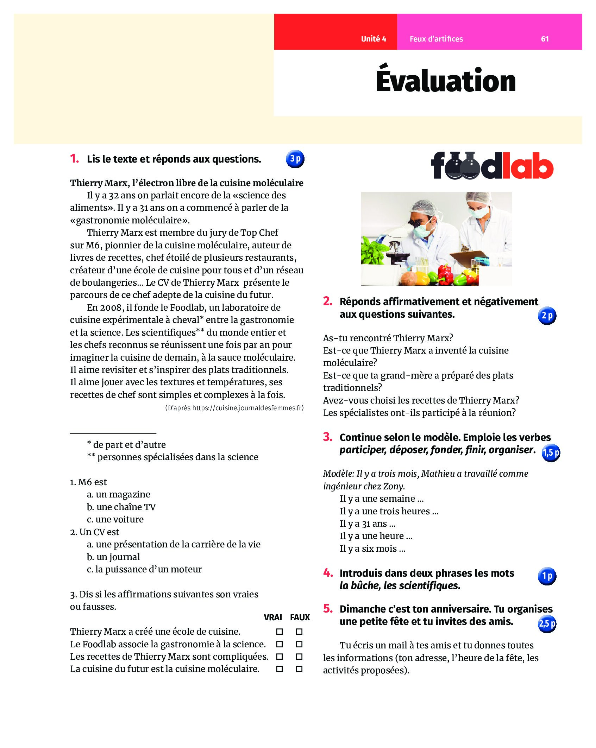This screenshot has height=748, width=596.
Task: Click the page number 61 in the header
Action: pos(545,39)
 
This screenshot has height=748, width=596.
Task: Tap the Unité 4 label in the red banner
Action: pos(373,39)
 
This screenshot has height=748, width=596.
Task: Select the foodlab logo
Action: pos(491,166)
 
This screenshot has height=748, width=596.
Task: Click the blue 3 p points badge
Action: pos(295,159)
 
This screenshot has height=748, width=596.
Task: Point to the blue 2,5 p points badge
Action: pos(547,624)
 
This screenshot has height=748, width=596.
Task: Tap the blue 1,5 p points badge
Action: pos(551,453)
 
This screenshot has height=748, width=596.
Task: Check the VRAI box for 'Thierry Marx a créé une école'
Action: pos(279,632)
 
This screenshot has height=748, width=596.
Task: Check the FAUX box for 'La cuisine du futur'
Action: pos(299,669)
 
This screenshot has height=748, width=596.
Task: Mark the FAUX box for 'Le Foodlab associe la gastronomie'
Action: pos(299,644)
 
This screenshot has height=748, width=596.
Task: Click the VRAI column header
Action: pos(273,617)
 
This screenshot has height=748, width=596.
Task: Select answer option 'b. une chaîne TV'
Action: pos(121,507)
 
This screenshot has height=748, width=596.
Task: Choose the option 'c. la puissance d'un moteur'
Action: pos(144,569)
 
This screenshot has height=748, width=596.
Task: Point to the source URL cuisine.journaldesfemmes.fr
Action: pos(248,408)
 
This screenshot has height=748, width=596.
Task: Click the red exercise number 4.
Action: pos(328,573)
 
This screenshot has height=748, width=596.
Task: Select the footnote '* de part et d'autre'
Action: pos(127,445)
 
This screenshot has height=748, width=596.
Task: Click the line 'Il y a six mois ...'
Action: pos(372,549)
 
